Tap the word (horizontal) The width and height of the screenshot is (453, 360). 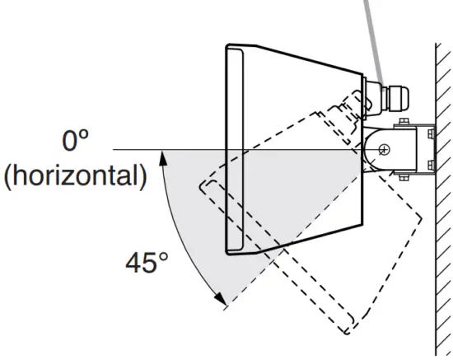point(76,176)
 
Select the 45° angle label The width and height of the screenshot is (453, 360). point(147,263)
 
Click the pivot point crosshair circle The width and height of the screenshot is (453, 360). point(385,149)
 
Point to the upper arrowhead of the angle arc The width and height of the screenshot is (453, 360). point(163,159)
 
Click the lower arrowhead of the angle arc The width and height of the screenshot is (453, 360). point(221,298)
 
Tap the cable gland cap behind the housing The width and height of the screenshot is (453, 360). point(399,97)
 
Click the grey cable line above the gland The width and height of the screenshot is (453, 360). point(374,44)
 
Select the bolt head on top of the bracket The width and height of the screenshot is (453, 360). point(404,121)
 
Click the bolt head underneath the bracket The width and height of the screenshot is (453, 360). point(404,177)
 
